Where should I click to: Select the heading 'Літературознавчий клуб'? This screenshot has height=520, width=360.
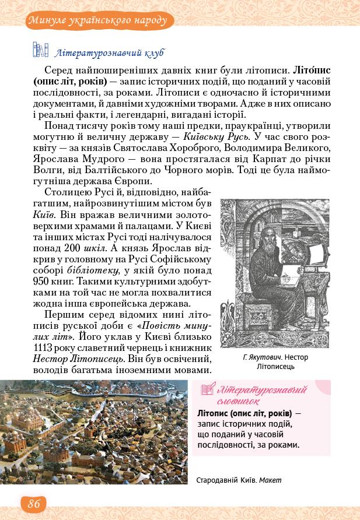pyautogui.click(x=109, y=53)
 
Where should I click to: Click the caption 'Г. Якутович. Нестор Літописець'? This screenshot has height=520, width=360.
pyautogui.click(x=275, y=363)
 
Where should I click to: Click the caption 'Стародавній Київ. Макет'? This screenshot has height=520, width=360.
pyautogui.click(x=239, y=480)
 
